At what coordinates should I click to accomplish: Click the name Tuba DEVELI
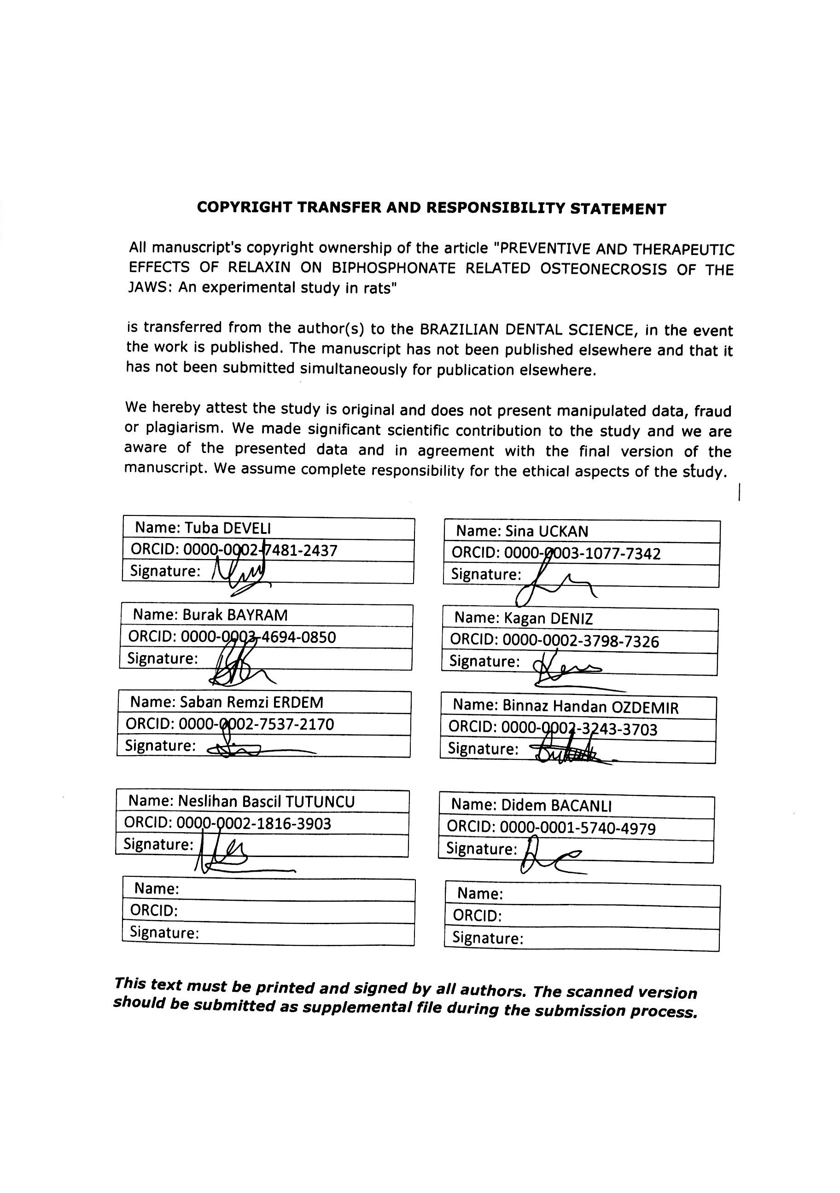point(228,528)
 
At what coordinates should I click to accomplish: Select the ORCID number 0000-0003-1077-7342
point(582,553)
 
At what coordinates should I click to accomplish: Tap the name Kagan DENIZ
point(548,618)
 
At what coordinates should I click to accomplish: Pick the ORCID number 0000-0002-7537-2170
point(256,724)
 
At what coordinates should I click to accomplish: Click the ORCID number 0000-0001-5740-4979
point(577,828)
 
